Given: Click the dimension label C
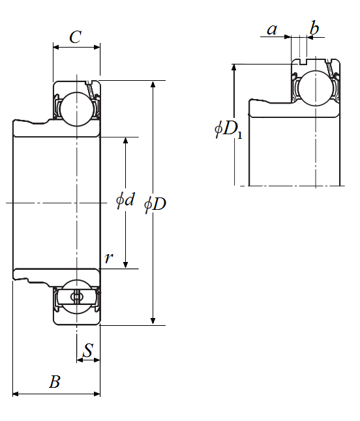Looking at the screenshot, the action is (x=75, y=36).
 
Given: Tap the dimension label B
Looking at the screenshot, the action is (x=55, y=381).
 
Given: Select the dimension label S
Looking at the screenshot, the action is (x=88, y=350).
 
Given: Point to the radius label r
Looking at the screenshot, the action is (x=109, y=258).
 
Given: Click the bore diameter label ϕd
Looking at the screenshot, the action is (x=125, y=200).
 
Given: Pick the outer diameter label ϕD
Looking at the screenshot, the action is (x=155, y=205).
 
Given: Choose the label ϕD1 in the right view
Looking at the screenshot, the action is (x=228, y=129).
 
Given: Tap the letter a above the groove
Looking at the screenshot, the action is (x=272, y=29).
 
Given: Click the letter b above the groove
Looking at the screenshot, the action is (x=314, y=27).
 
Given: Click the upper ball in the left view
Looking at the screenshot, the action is (x=77, y=109).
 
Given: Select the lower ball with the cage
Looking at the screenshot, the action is (x=77, y=297).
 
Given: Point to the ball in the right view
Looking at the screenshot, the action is (x=316, y=89).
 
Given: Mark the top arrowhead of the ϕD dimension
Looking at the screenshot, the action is (x=153, y=84).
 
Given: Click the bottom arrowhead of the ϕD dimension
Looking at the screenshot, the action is (x=153, y=321).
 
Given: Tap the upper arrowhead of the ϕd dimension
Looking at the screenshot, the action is (x=125, y=141).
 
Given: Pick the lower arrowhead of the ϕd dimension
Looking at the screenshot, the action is (x=125, y=265).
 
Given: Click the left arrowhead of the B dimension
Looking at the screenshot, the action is (x=16, y=394).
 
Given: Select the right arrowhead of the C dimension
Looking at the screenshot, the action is (x=97, y=48).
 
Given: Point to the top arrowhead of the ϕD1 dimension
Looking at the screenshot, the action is (x=234, y=68).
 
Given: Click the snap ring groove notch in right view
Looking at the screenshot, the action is (x=303, y=61).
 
